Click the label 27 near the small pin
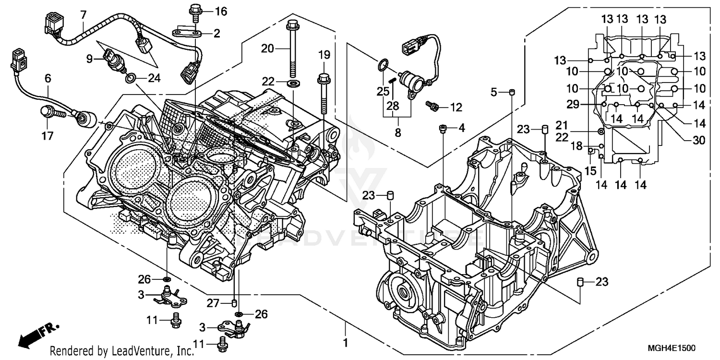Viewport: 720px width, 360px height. click(213, 303)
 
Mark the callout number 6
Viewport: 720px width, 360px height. click(48, 78)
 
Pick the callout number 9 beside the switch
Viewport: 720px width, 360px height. click(89, 60)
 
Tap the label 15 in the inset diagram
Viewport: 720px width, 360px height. click(589, 170)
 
